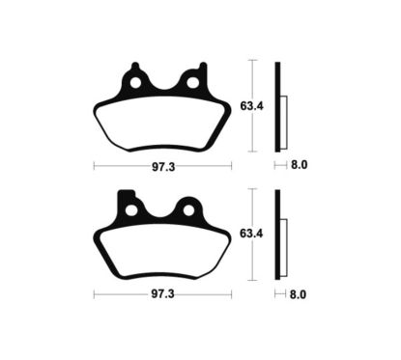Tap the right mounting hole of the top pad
tap(192, 84)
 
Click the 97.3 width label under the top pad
tap(161, 166)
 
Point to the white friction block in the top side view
tap(284, 123)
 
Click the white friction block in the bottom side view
tap(284, 253)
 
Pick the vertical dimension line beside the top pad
tap(252, 125)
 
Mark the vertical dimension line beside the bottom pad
tap(252, 256)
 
